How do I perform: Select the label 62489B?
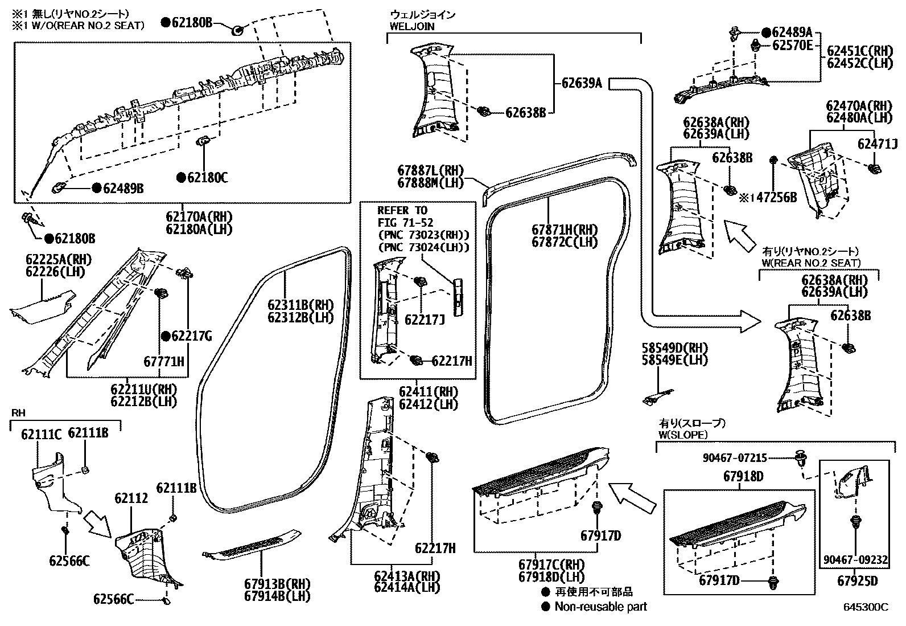tap(123, 187)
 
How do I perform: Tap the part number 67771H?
tap(164, 361)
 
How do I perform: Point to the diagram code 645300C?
tap(866, 608)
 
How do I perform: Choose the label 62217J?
tap(424, 320)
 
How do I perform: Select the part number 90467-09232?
tap(855, 560)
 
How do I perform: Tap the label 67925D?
tap(857, 581)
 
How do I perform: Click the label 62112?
tap(131, 498)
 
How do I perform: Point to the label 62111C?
tap(41, 434)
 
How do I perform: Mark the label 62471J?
tap(878, 144)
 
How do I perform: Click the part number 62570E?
tap(792, 46)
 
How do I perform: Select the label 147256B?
tap(772, 198)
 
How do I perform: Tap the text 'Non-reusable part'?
tap(601, 607)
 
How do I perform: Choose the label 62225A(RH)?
tap(58, 260)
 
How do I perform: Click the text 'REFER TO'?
tap(402, 210)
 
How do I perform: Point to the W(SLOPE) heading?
tap(683, 435)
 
